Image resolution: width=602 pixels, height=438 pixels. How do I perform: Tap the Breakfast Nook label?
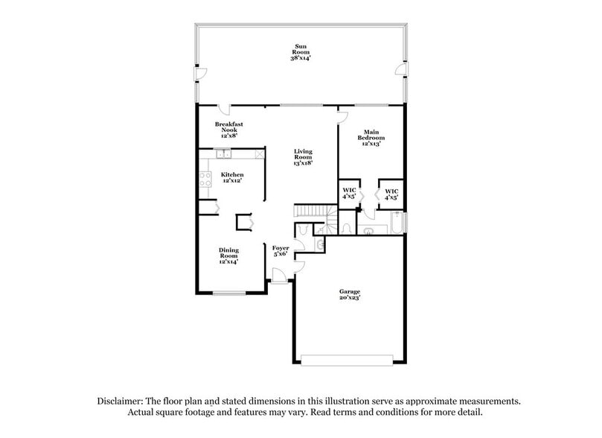(229, 130)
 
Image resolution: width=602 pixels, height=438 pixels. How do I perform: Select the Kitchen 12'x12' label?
(232, 177)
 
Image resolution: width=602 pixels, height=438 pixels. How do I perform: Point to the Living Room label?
(302, 156)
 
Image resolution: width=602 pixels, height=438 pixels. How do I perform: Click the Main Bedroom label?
(371, 138)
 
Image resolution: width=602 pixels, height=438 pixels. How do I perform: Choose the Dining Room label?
(228, 256)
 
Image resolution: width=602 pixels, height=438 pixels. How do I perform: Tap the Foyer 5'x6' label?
(280, 251)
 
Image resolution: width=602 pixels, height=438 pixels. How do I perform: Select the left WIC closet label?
(349, 194)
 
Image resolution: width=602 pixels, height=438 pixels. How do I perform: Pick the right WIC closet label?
(391, 194)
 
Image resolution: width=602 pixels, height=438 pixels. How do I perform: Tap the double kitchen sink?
(222, 154)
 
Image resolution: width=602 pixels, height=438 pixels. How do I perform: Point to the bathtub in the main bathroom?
(397, 223)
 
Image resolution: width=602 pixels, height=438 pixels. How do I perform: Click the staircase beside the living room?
(311, 212)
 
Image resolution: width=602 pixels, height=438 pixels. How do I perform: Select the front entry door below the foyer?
(278, 276)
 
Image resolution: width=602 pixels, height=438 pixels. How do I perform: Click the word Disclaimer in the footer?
(121, 401)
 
